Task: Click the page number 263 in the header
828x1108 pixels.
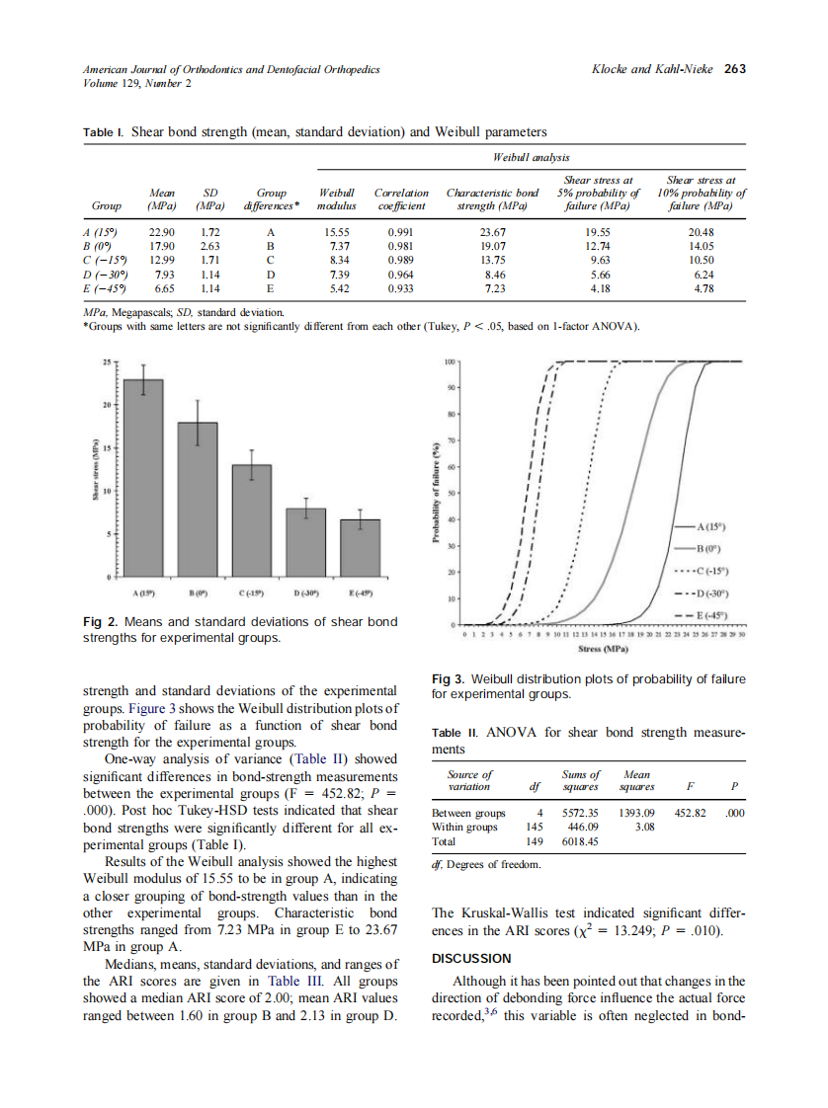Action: point(734,69)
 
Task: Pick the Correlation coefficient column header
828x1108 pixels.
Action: point(401,199)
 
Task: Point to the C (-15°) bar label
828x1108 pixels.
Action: point(252,593)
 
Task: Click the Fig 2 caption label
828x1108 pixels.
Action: point(99,622)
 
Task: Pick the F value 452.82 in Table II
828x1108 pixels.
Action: point(687,813)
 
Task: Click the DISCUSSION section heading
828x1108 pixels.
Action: point(472,958)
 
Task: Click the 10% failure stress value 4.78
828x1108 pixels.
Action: point(704,288)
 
